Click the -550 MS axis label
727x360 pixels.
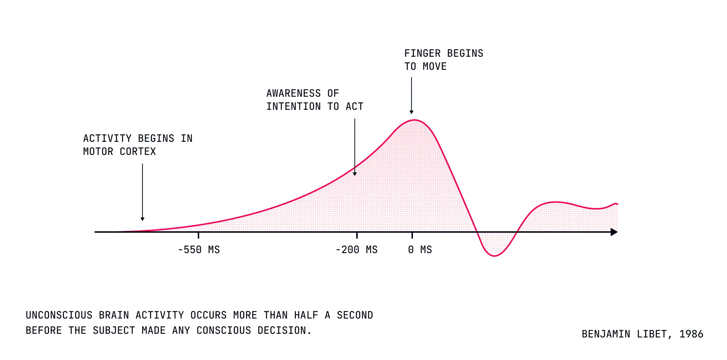(199, 250)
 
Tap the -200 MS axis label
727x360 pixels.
(357, 250)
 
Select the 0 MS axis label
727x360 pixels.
(420, 250)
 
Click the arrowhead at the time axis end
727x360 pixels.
(614, 232)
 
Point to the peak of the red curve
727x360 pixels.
(414, 120)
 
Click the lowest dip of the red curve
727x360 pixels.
(494, 256)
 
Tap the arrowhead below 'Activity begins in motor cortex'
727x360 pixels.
(142, 219)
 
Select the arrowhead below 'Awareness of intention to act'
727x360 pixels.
(355, 174)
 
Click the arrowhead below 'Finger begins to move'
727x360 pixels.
(411, 112)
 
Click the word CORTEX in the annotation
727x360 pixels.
(138, 152)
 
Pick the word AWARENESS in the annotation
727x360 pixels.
(294, 93)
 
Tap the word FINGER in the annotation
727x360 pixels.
(422, 53)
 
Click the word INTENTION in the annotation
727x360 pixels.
(294, 107)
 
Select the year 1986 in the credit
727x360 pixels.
(691, 334)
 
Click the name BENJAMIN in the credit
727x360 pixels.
(606, 334)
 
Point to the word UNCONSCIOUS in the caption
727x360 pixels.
(59, 315)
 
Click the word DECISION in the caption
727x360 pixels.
(284, 331)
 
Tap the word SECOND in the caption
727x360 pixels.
(355, 315)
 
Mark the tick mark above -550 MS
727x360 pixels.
(198, 235)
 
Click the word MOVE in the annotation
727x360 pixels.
(435, 67)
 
